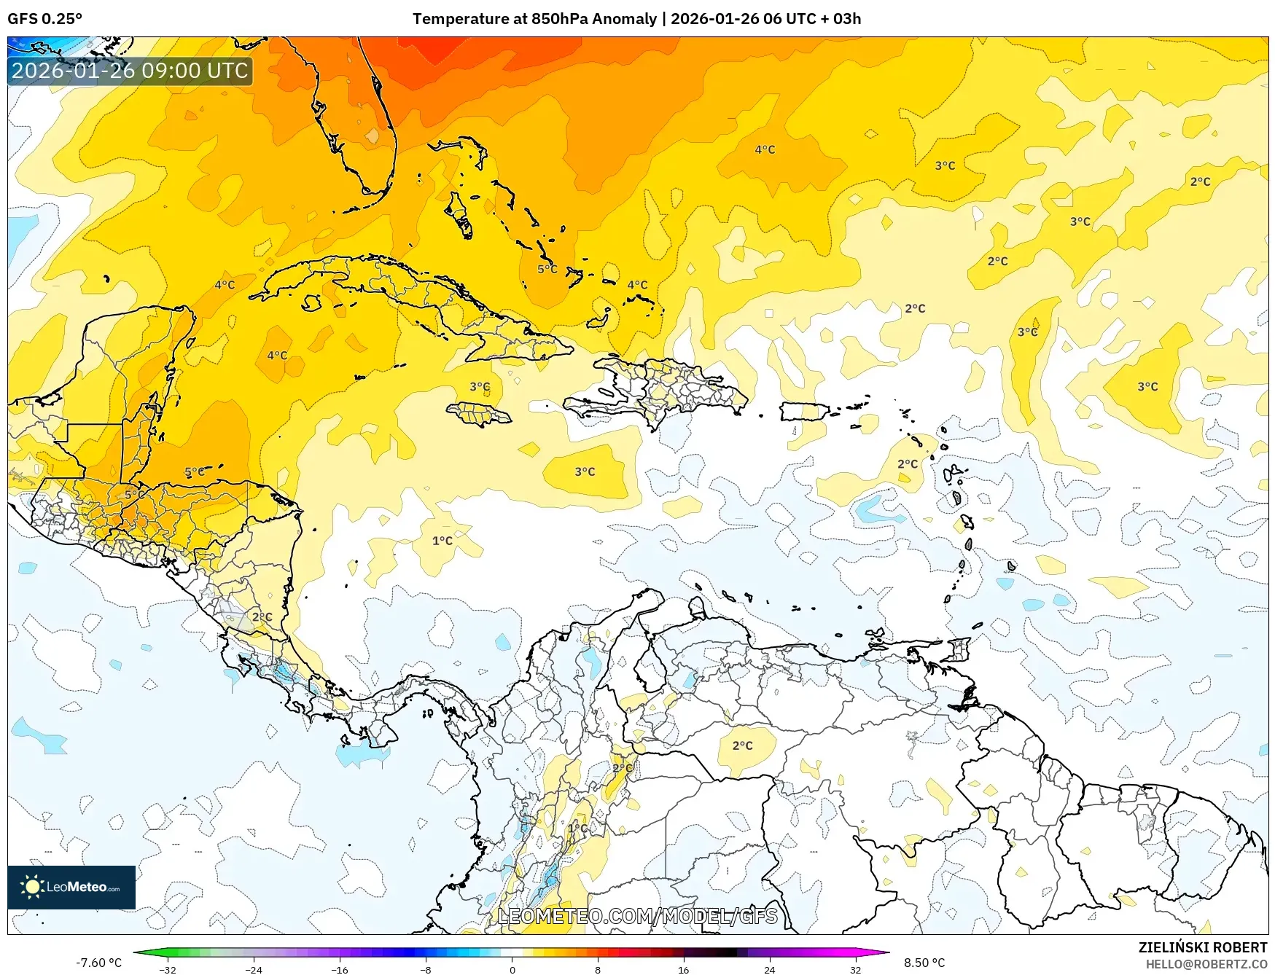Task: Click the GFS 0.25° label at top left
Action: (44, 19)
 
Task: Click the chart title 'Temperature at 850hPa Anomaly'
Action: (534, 19)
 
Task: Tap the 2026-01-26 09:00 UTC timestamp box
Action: (130, 71)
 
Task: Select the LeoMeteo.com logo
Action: (71, 887)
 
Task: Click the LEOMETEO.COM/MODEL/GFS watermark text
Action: (637, 916)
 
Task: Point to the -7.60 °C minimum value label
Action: (98, 963)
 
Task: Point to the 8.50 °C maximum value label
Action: (924, 963)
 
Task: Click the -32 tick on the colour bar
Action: (168, 970)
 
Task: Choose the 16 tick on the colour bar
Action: (683, 970)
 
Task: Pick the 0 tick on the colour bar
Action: (512, 970)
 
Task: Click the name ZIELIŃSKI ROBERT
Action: (1202, 947)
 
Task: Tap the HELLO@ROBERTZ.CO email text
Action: (1206, 964)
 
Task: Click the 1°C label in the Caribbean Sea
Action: (442, 541)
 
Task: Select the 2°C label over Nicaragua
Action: (262, 616)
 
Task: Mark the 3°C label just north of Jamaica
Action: (480, 387)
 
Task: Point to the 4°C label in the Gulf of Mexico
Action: (225, 285)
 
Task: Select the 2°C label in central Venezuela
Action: (742, 745)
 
